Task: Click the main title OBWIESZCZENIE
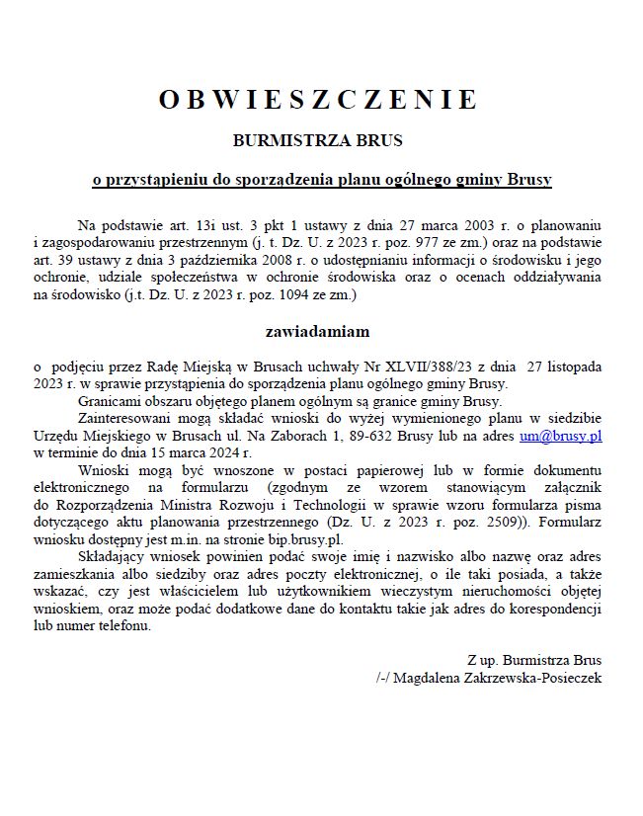pos(318,100)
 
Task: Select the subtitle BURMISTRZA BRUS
pos(318,141)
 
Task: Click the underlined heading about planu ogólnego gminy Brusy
pos(321,181)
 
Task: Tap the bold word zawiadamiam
pos(317,331)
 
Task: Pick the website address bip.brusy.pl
pos(305,539)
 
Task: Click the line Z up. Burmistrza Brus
pos(534,660)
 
